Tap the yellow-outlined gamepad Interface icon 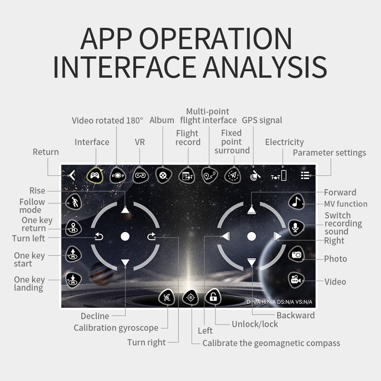[x=95, y=175]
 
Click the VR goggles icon [x=141, y=175]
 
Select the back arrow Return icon [x=72, y=175]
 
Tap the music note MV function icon [x=296, y=202]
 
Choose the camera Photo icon [x=296, y=254]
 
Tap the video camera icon [x=296, y=280]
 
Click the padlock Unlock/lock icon [x=213, y=297]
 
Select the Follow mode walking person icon [x=74, y=202]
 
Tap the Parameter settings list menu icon [x=305, y=175]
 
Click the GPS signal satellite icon [x=255, y=175]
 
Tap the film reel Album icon [x=163, y=175]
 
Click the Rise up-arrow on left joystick [x=125, y=210]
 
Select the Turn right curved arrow [x=151, y=236]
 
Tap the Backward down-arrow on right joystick [x=251, y=262]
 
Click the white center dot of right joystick [x=251, y=236]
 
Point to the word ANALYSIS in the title [x=265, y=67]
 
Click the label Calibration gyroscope [x=116, y=328]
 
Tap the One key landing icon [x=74, y=280]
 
